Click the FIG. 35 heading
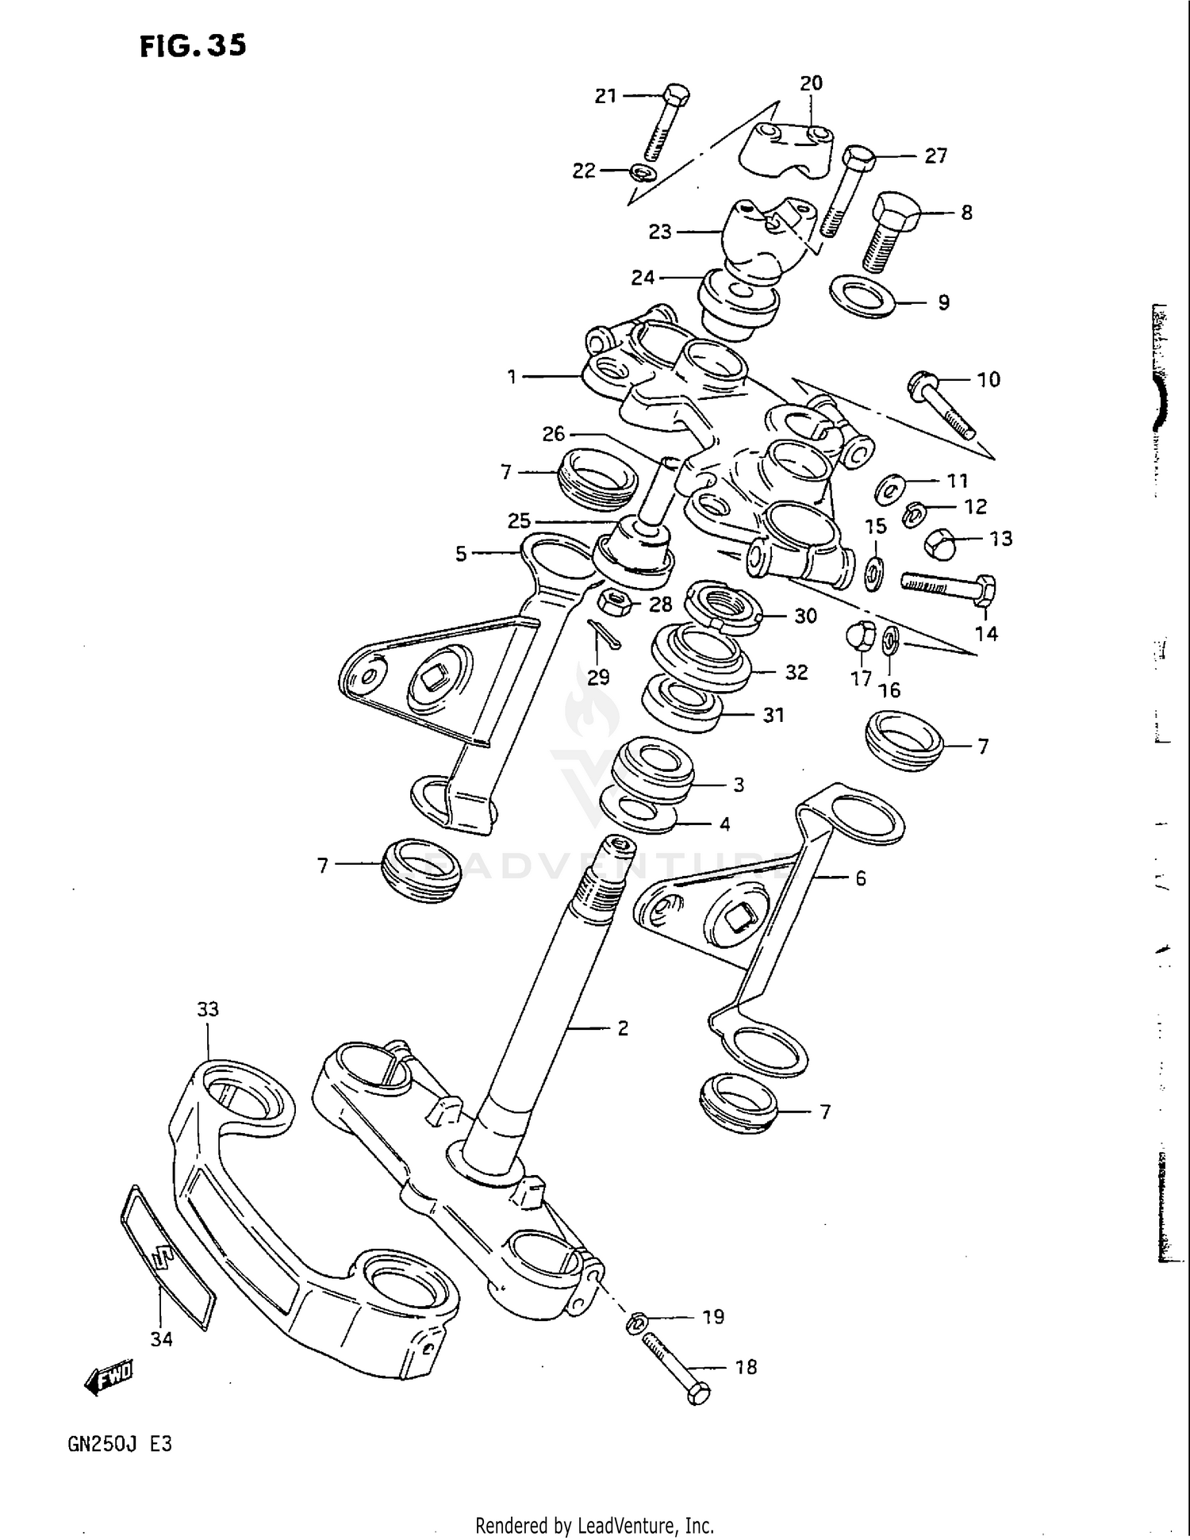pos(193,46)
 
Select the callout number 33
pos(208,1009)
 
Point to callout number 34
pos(161,1339)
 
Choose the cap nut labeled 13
pos(941,543)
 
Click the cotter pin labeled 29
pos(605,632)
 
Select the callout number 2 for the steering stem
pos(622,1028)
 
